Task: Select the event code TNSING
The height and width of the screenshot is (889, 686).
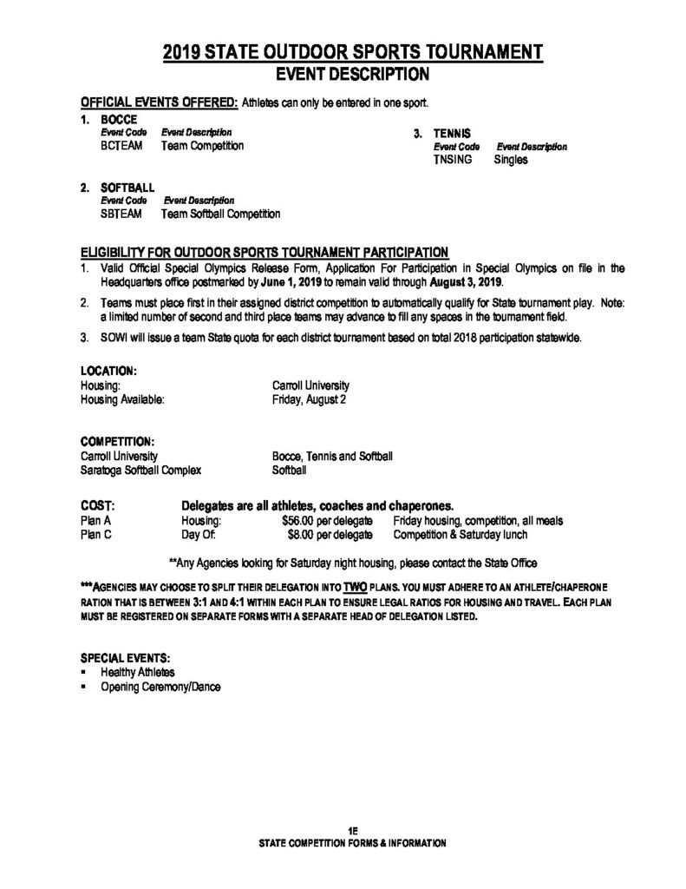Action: pos(453,161)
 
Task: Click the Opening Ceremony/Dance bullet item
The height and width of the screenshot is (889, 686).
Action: pos(160,686)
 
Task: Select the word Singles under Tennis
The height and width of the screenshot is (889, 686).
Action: pos(511,161)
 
